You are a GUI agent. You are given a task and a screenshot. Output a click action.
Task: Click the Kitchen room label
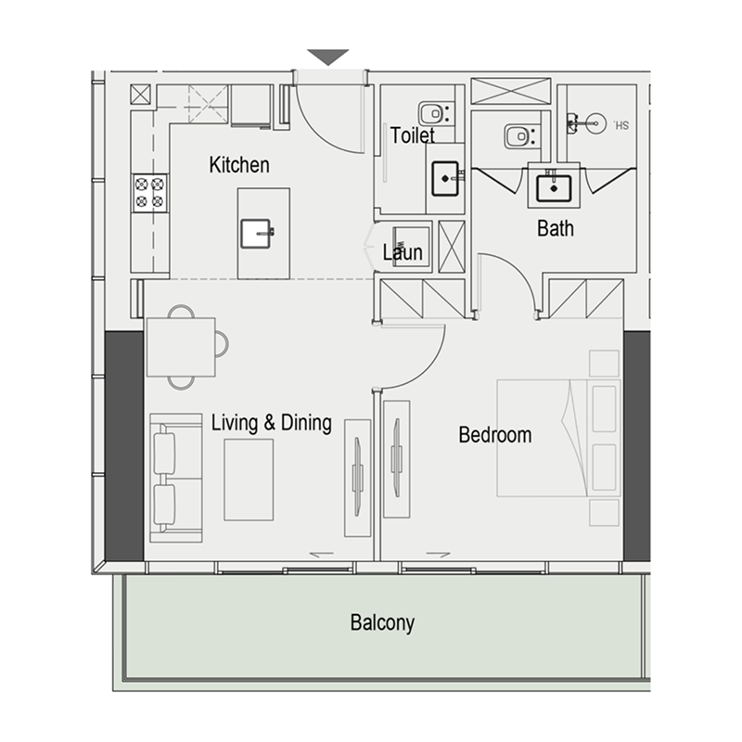click(x=239, y=165)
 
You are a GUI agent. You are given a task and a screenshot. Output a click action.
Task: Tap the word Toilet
click(x=412, y=135)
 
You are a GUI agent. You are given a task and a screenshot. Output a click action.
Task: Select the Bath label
click(x=555, y=228)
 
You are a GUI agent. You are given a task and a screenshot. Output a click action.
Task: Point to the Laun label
click(x=403, y=252)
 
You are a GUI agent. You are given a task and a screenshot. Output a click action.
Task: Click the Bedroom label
click(x=494, y=434)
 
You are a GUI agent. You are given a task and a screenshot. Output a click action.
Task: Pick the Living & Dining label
click(x=271, y=423)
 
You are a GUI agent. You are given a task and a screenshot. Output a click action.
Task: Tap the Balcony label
click(x=381, y=622)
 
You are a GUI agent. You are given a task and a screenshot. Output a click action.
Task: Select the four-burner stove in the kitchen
click(x=150, y=191)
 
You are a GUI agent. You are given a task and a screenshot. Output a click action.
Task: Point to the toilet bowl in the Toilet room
click(x=433, y=113)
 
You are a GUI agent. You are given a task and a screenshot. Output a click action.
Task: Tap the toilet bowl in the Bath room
click(x=519, y=136)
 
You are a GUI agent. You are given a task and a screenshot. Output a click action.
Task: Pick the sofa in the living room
click(x=175, y=479)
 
